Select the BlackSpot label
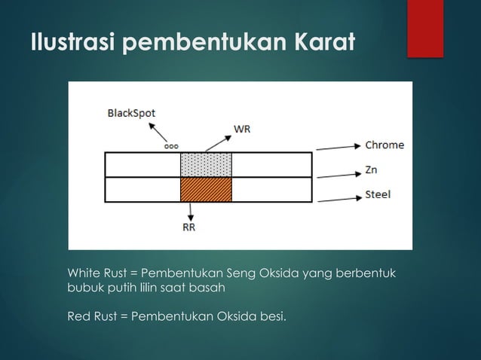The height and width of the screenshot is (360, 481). tap(131, 114)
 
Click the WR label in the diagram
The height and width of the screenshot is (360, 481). tap(242, 129)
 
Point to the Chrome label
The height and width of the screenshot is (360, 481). tap(384, 145)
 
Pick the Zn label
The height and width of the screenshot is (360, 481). tap(371, 169)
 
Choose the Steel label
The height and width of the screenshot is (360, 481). tap(378, 194)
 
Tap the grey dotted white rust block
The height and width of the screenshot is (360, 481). tap(206, 164)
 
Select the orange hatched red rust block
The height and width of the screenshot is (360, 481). tap(206, 189)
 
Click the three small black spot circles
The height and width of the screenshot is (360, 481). tap(173, 147)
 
